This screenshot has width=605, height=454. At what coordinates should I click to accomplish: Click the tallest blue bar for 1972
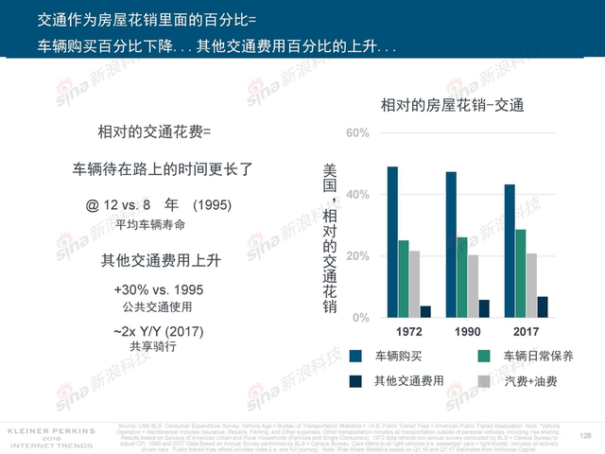pyautogui.click(x=392, y=242)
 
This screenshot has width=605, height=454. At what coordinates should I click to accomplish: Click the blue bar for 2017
pyautogui.click(x=509, y=251)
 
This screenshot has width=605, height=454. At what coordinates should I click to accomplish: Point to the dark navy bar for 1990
pyautogui.click(x=484, y=308)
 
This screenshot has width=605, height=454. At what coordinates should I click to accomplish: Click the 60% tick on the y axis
pyautogui.click(x=356, y=132)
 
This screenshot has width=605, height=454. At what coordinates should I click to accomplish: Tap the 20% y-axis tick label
pyautogui.click(x=356, y=256)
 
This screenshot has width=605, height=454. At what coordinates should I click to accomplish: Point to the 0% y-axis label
pyautogui.click(x=360, y=318)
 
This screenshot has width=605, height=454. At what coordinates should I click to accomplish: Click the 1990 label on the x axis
pyautogui.click(x=467, y=333)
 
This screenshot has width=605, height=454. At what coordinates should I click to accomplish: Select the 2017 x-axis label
pyautogui.click(x=526, y=333)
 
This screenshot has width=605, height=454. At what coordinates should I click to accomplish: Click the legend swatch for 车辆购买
pyautogui.click(x=356, y=357)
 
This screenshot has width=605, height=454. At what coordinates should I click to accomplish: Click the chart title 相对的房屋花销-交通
pyautogui.click(x=452, y=104)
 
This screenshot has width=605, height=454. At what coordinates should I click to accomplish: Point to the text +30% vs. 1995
pyautogui.click(x=158, y=289)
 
